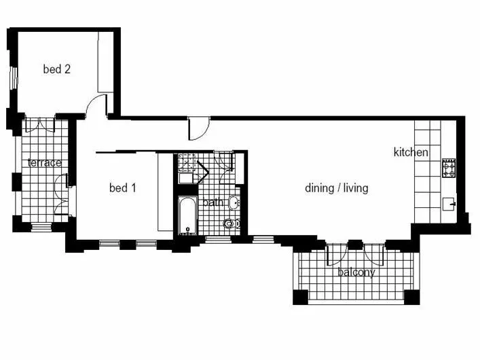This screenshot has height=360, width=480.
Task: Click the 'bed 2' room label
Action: point(57,69)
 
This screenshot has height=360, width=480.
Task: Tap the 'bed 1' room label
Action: point(123,188)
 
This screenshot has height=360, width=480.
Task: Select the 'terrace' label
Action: point(45,163)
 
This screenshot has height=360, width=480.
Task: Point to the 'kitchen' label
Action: point(411,152)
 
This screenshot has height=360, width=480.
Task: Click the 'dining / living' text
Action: point(337,188)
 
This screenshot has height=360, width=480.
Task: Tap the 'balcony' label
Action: point(356,272)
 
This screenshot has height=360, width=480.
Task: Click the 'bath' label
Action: point(213,202)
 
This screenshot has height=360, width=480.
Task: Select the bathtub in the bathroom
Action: point(187,215)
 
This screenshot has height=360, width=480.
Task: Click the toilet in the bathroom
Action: point(232,223)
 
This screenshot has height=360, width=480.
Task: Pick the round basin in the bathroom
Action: point(234,202)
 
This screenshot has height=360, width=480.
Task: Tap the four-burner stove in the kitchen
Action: point(449,168)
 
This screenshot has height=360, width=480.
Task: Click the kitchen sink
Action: point(449,204)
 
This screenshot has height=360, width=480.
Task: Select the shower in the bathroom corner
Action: point(187,162)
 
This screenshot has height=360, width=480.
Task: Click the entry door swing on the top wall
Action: point(199,128)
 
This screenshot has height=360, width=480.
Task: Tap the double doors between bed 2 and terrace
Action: point(40,125)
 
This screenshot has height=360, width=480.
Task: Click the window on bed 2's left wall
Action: point(14,77)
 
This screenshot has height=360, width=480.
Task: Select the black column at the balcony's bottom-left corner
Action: point(300,297)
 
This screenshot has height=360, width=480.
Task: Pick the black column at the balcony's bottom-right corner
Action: point(411,297)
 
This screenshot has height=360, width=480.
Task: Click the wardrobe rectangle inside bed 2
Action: point(106,62)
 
